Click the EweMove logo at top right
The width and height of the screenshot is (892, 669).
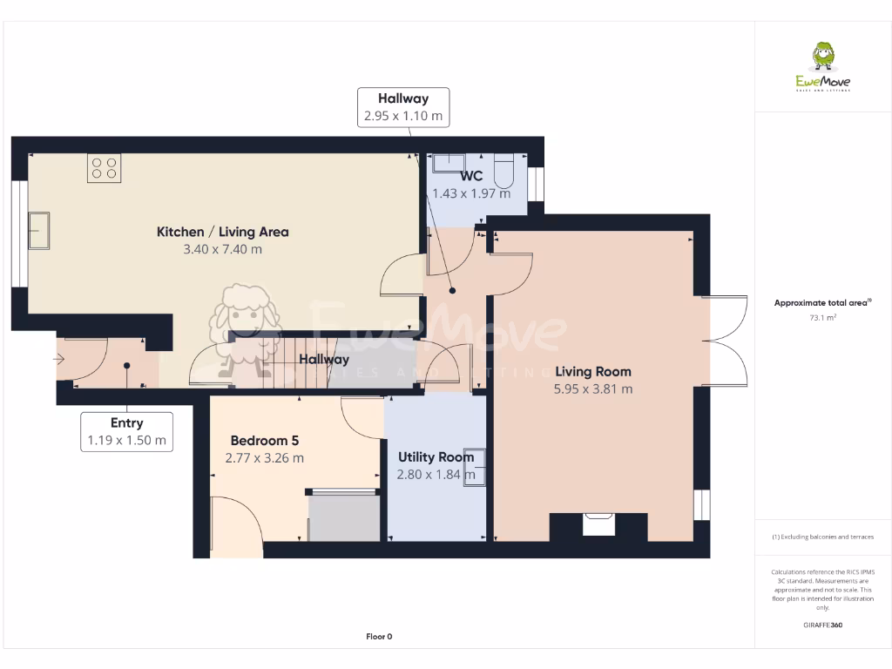tap(822, 66)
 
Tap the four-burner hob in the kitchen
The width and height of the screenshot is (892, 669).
tap(105, 168)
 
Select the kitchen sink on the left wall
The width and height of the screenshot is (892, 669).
tap(39, 230)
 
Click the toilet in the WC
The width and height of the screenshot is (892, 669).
tap(504, 171)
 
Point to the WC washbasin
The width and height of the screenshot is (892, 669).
tap(449, 163)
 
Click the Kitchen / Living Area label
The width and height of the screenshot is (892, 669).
tap(222, 232)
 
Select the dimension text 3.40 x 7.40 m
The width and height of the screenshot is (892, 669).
tap(222, 249)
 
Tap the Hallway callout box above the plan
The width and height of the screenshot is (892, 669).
tap(403, 107)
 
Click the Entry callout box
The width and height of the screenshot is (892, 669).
tap(127, 432)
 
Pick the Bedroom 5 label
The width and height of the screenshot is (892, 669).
tap(265, 440)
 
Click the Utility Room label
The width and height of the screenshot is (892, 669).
tap(436, 456)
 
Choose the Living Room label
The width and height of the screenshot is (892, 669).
tap(593, 371)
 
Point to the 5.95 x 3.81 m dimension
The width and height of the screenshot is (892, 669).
tap(593, 389)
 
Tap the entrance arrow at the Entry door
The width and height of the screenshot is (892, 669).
tap(59, 359)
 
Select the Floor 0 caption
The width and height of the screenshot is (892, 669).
tap(379, 637)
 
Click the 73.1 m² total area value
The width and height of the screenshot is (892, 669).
tap(822, 317)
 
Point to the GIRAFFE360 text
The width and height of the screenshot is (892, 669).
tap(822, 625)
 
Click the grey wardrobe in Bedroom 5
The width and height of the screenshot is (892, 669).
tap(343, 517)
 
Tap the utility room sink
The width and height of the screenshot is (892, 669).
tap(475, 468)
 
